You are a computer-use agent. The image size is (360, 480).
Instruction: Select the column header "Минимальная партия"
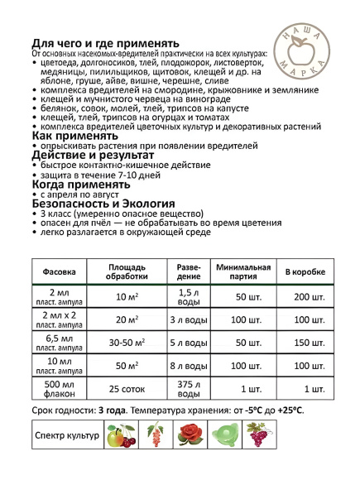pyautogui.click(x=243, y=271)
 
